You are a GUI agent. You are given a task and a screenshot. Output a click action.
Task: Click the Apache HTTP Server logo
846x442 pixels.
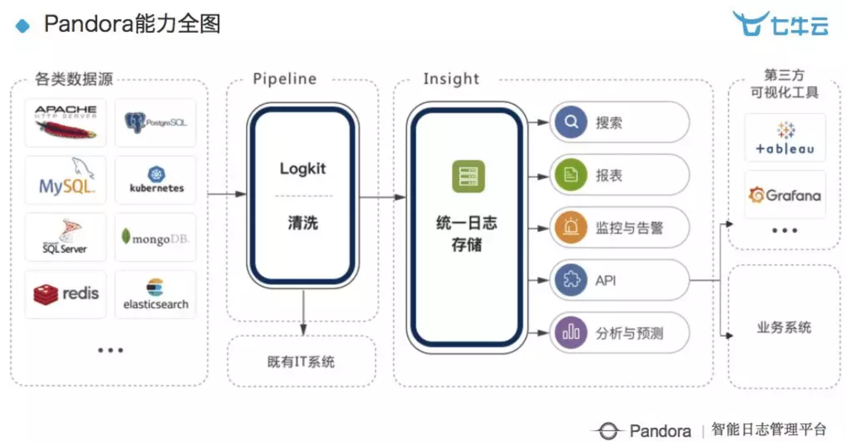[65, 123]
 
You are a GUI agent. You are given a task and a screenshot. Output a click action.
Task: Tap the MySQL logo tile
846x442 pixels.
[65, 180]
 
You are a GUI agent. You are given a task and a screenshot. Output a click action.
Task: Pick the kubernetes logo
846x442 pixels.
[156, 180]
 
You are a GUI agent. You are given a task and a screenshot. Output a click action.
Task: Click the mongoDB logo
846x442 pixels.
[155, 238]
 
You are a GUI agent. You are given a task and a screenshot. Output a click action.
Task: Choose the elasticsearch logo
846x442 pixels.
[155, 294]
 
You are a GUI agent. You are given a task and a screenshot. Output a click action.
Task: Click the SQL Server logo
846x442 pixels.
[65, 237]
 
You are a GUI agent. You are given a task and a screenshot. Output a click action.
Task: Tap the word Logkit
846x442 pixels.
[302, 169]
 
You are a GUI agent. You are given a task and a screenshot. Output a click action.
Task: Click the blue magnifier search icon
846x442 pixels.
[571, 122]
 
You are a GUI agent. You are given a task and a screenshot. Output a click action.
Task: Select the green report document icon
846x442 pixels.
[571, 175]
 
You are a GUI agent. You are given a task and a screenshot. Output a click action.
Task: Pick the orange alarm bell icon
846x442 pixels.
[571, 228]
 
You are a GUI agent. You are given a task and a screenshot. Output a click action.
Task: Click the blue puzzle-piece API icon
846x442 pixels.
[571, 280]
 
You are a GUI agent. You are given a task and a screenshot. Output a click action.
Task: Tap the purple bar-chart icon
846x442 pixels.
[571, 333]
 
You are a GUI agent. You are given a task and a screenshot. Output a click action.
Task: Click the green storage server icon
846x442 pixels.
[468, 176]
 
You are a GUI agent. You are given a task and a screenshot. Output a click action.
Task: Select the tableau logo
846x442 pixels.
[785, 138]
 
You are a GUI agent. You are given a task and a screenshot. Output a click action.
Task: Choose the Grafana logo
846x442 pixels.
[785, 195]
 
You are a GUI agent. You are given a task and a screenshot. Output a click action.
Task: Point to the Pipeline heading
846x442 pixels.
[285, 79]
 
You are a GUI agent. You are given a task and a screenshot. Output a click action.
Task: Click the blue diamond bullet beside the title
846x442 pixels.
[23, 26]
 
